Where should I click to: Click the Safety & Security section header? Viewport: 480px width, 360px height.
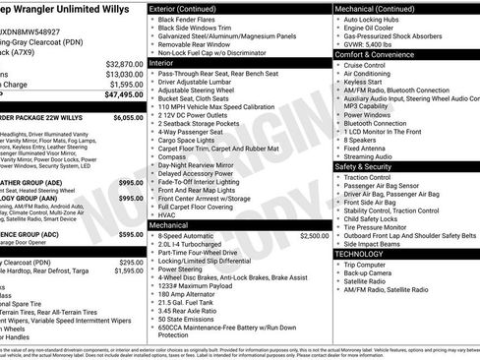[369, 166]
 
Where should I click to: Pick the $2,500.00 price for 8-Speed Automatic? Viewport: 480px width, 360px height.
[315, 236]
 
